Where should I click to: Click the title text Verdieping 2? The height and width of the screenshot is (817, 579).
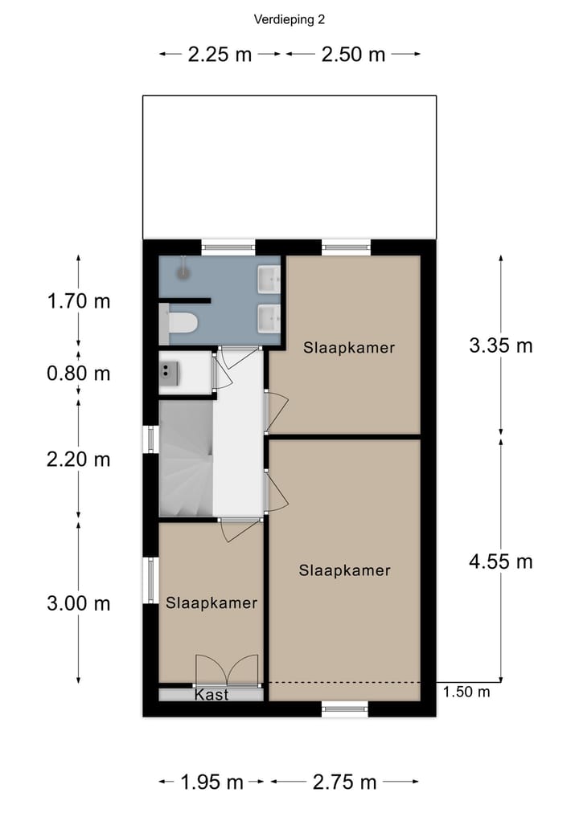(x=289, y=19)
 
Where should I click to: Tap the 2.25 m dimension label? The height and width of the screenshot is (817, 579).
(x=220, y=55)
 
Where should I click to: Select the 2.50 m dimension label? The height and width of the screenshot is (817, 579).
(x=353, y=55)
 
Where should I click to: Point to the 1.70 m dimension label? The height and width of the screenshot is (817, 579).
(x=78, y=302)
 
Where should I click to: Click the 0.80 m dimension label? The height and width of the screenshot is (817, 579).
(x=78, y=374)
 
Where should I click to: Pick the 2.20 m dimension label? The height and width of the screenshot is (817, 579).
(x=78, y=460)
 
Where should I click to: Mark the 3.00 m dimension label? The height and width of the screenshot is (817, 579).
(x=78, y=603)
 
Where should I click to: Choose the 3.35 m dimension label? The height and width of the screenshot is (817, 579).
(x=500, y=346)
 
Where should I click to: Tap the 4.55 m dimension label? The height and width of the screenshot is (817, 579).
(x=500, y=561)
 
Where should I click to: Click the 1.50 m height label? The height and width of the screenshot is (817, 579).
(x=466, y=692)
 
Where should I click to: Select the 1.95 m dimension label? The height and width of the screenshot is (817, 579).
(x=211, y=782)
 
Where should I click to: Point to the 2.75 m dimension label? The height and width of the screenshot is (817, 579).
(x=345, y=782)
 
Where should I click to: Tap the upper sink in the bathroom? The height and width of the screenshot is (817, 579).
(x=268, y=281)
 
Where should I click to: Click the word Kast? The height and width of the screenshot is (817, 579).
(x=211, y=695)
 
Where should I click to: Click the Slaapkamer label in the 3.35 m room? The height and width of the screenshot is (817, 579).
(x=349, y=348)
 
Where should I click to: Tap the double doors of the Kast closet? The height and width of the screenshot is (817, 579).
(x=228, y=671)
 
